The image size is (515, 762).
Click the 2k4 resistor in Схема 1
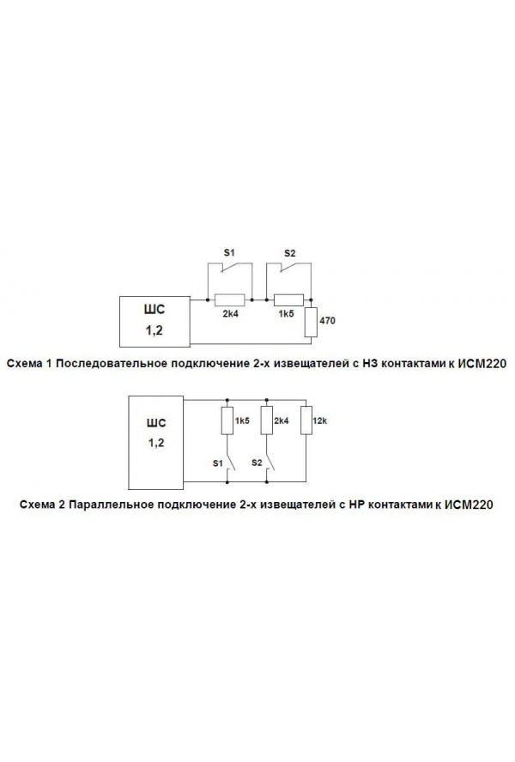[x=229, y=299]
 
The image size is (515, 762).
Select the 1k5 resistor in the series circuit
[x=289, y=299]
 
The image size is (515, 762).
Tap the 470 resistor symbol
[x=311, y=322]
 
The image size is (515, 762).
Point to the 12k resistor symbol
[x=306, y=420]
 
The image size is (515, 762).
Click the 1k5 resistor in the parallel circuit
[x=227, y=420]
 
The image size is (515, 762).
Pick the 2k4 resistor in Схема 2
[x=266, y=420]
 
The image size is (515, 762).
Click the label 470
[x=327, y=321]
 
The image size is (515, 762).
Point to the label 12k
[x=320, y=420]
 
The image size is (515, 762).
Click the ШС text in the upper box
[x=154, y=310]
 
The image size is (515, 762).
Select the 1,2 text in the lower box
[x=155, y=443]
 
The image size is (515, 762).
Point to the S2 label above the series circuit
[x=289, y=254]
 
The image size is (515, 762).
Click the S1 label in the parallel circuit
[x=218, y=463]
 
